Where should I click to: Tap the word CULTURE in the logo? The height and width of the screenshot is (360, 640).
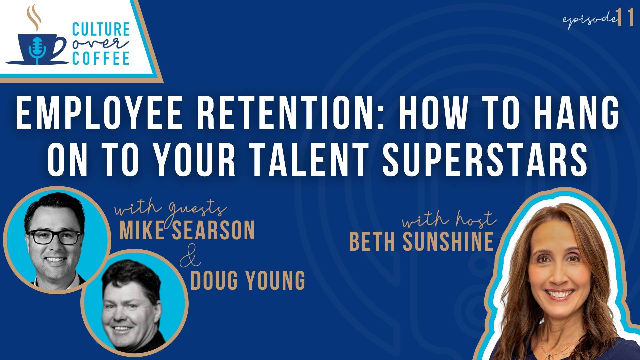(x=101, y=29)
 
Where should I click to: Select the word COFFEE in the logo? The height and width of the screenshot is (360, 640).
(x=101, y=58)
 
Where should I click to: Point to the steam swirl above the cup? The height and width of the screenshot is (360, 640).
(x=33, y=17)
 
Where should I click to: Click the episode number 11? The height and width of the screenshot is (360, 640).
(x=625, y=18)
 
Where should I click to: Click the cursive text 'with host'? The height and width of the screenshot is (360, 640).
(x=449, y=220)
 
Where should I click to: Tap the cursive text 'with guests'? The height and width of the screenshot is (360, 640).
(x=170, y=209)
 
